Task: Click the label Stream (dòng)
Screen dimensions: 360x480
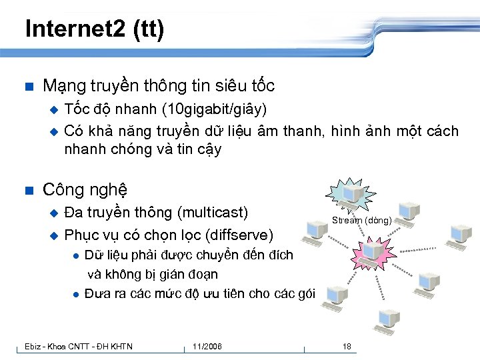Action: pos(362,220)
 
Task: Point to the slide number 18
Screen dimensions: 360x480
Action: pos(347,346)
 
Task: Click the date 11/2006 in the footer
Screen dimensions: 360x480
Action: pos(207,346)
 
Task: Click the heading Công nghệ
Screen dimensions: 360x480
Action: pos(85,190)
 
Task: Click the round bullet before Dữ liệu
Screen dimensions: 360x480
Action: pos(77,255)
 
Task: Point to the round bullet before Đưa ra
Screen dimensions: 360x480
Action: pos(77,294)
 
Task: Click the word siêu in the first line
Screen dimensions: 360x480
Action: pos(228,86)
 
